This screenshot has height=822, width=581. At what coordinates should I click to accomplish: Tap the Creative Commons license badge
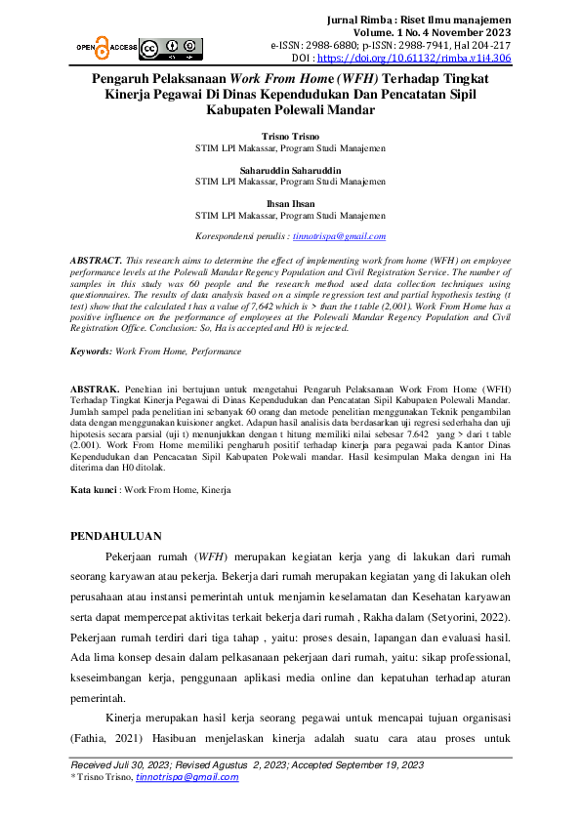(x=162, y=47)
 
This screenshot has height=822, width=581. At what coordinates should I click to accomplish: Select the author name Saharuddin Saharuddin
(x=290, y=169)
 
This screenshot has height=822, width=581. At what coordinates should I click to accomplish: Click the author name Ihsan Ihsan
(x=290, y=204)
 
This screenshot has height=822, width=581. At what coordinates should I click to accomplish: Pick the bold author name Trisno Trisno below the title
(x=290, y=136)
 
